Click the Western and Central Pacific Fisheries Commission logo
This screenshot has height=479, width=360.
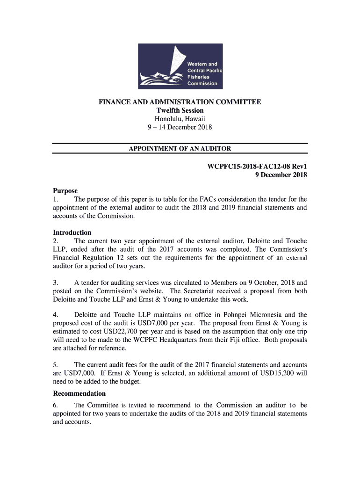coord(180,66)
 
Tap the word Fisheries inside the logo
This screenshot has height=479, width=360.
coord(199,77)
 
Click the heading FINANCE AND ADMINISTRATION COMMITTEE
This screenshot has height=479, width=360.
coord(180,102)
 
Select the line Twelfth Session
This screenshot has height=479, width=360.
coord(180,110)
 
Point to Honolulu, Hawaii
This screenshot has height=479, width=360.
coord(180,119)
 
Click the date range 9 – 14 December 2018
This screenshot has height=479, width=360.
coord(180,127)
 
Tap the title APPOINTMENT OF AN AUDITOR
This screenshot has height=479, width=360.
coord(180,149)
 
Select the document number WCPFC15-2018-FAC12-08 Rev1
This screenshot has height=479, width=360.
coord(257,167)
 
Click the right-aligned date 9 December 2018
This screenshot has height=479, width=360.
coord(281,175)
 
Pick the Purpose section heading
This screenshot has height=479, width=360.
coord(65,191)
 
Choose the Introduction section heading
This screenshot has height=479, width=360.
coord(72,232)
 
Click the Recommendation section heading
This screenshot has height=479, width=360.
coord(79,393)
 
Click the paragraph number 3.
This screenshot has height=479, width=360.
coord(55,283)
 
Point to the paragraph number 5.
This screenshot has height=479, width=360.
coord(55,365)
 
